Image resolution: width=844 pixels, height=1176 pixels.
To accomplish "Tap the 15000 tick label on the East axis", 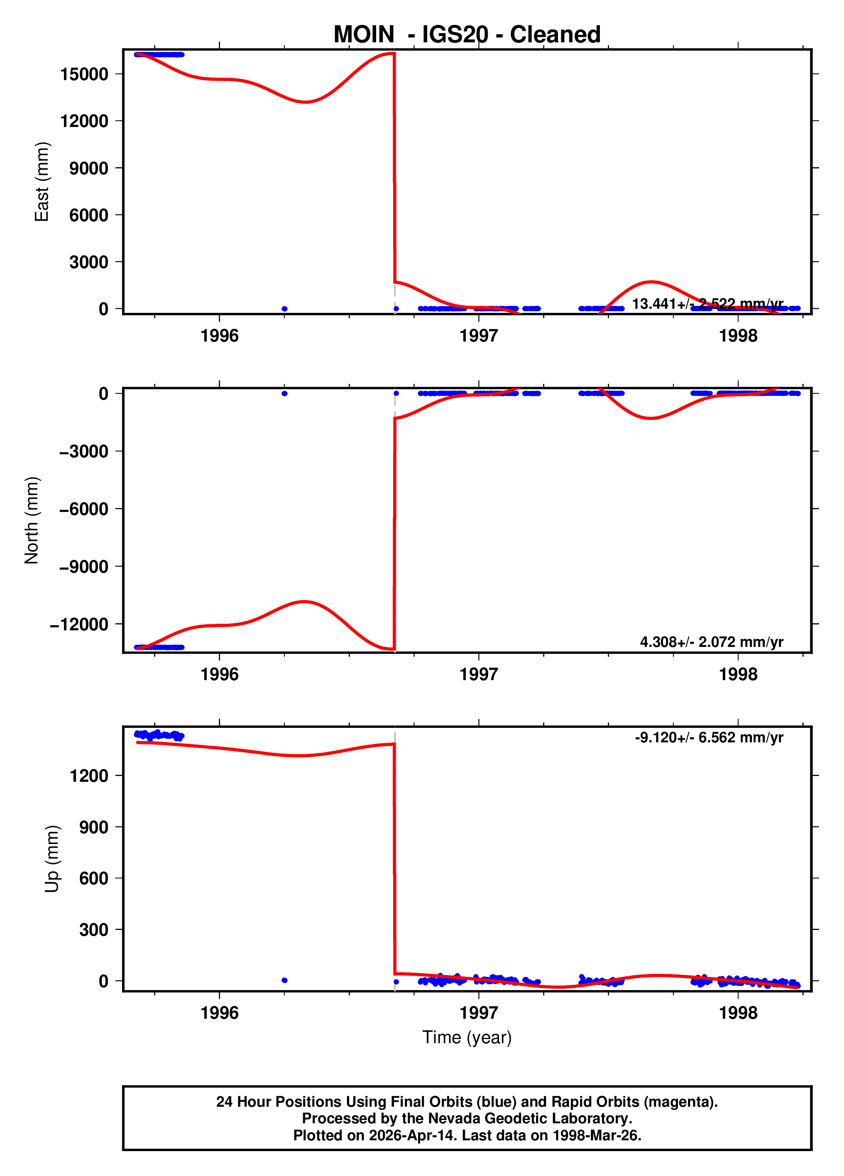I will (x=84, y=74).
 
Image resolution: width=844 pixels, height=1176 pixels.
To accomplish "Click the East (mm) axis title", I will (x=42, y=181).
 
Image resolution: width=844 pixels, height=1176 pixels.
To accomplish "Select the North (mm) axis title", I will (x=32, y=520).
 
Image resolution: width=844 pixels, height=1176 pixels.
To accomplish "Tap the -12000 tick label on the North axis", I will (x=79, y=624).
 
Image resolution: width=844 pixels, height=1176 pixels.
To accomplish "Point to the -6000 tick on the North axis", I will (x=83, y=509).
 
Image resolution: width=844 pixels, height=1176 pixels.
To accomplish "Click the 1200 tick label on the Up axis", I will (x=89, y=776).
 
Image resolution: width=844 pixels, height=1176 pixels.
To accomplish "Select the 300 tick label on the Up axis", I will (x=93, y=930).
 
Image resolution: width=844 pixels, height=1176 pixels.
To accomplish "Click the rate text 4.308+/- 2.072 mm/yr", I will (x=711, y=642).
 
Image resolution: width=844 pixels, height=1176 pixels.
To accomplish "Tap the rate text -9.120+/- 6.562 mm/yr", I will (x=709, y=737).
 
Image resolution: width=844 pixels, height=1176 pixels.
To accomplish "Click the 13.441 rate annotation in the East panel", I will (x=707, y=304).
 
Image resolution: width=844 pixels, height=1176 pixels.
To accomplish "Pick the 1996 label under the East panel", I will (x=220, y=336).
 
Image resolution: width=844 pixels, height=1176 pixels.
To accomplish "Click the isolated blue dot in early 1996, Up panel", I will (x=284, y=980).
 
